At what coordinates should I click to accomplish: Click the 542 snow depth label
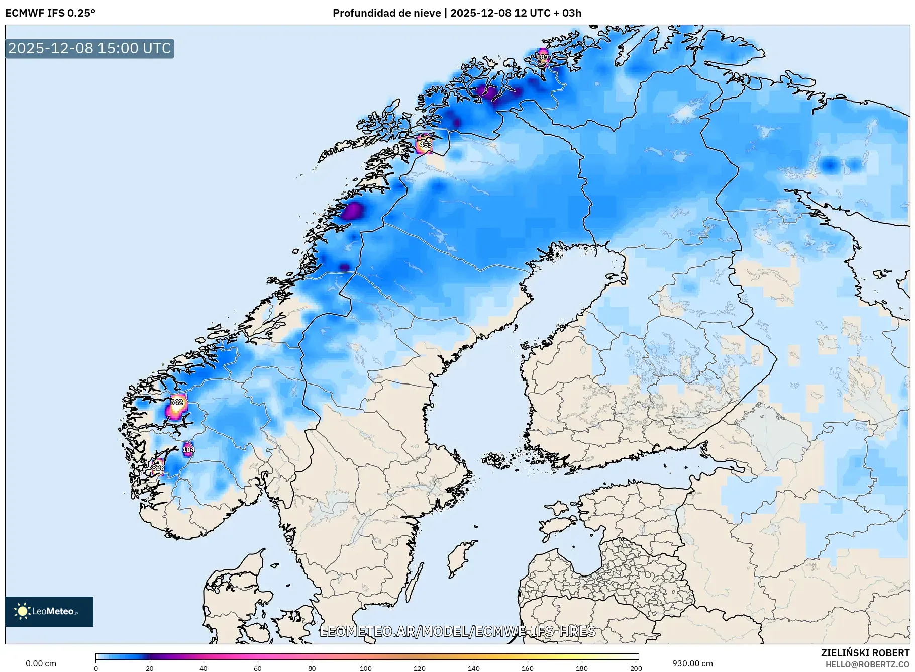point(176,402)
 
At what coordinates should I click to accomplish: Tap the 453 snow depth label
point(425,145)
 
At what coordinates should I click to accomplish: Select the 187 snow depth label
point(543,57)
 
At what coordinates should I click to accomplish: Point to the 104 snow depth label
point(188,449)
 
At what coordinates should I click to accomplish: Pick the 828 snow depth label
point(158,468)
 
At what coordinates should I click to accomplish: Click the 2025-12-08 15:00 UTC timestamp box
point(89,48)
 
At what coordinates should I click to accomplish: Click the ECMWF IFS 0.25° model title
point(50,13)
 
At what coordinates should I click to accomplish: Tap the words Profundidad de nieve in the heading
point(386,13)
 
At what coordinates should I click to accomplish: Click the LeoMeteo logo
point(49,611)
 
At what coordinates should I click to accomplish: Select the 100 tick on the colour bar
point(366,668)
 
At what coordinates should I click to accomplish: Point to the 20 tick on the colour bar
point(150,668)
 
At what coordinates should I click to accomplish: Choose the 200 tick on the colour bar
point(636,668)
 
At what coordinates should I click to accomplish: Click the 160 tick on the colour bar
point(528,668)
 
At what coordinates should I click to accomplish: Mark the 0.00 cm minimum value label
point(41,663)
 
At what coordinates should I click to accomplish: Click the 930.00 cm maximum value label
point(692,663)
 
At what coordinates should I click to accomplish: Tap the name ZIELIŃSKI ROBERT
point(865,653)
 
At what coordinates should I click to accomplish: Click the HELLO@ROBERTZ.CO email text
point(867,664)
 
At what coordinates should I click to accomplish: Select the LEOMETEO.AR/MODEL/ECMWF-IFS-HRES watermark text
point(457,631)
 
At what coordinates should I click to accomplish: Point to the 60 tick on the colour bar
point(258,668)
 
